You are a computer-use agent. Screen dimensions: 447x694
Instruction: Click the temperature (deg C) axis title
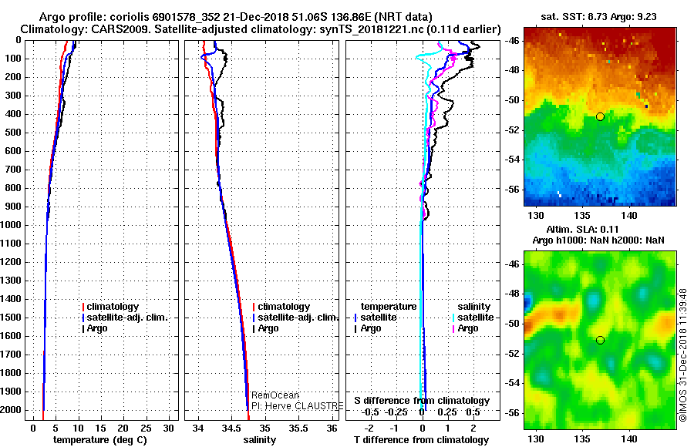[101, 440]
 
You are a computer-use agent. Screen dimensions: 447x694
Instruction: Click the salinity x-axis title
[260, 440]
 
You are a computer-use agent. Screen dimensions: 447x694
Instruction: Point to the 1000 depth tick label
[13, 225]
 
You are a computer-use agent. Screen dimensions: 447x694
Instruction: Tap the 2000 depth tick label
[13, 410]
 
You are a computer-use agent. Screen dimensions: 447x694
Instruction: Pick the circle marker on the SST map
[600, 116]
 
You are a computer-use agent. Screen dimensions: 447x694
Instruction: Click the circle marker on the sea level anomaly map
[600, 340]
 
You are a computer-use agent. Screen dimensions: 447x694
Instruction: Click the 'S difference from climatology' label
[422, 401]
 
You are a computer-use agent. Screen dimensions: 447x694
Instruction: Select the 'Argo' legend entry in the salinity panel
[268, 328]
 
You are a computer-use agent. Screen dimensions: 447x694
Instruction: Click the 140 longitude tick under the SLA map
[630, 438]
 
